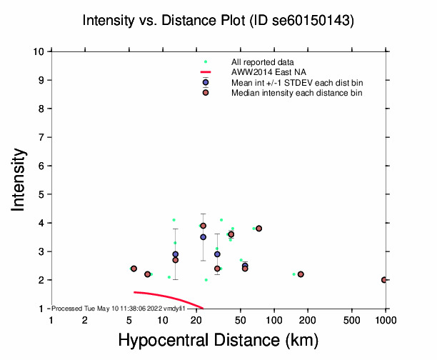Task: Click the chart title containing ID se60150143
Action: coord(218,21)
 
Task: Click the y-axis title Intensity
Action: coord(19,179)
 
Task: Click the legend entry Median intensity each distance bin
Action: coord(296,93)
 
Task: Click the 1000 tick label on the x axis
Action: coord(386,321)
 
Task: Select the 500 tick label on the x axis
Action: coord(352,321)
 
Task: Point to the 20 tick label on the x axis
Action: coord(196,321)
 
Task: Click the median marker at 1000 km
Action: coord(385,280)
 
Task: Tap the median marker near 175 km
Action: coord(301,274)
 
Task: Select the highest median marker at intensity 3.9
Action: coord(203,226)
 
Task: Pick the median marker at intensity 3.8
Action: coord(258,229)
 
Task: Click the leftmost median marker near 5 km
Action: coord(134,269)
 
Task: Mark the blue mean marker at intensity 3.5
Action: coord(203,237)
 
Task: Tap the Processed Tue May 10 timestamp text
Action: coord(119,308)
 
